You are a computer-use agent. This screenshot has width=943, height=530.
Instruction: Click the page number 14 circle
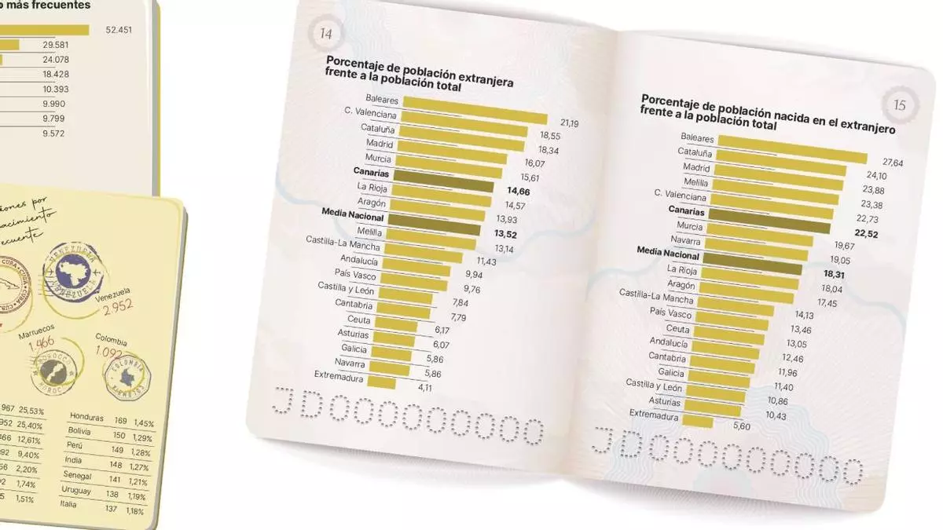pos(325,33)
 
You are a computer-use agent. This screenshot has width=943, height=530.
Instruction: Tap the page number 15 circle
pos(901,104)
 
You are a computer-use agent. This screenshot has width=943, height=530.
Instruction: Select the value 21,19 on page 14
pos(570,122)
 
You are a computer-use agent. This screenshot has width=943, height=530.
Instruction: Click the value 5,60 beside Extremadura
pos(736,426)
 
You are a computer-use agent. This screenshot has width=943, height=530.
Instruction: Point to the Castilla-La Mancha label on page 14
pos(343,244)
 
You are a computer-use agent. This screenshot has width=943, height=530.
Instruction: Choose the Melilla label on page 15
pos(695,181)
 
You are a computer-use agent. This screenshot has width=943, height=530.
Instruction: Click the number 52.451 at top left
pos(119,31)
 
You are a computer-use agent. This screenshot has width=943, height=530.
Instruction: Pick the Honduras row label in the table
pos(86,417)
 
